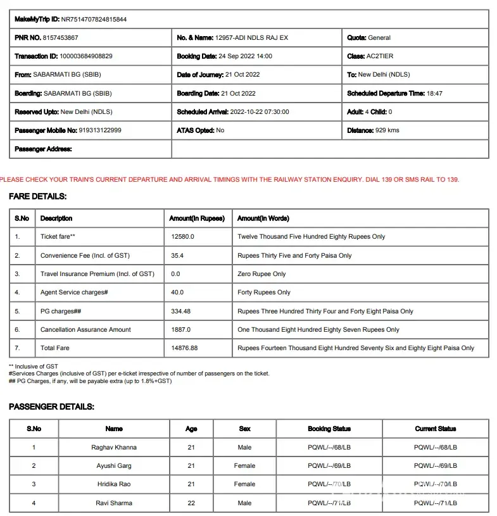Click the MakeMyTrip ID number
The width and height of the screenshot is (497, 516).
(x=94, y=20)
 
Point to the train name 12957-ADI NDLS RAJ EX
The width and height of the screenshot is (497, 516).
(x=251, y=38)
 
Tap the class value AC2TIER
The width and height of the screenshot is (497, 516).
(x=380, y=56)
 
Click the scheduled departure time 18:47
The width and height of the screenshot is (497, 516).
(x=434, y=94)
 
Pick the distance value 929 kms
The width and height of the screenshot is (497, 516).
(x=387, y=130)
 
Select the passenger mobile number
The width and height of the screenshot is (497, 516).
(x=100, y=130)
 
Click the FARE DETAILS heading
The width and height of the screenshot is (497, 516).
(x=37, y=197)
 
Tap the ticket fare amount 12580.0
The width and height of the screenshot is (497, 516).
(x=182, y=237)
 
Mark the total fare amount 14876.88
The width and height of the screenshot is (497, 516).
(x=184, y=348)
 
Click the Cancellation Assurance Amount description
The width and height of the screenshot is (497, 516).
(x=85, y=330)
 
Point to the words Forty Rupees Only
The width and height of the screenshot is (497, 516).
(x=264, y=293)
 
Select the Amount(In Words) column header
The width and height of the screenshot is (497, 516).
(x=263, y=218)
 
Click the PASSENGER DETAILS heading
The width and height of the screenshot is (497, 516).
(x=51, y=407)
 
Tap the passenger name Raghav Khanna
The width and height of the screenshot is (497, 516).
(x=114, y=448)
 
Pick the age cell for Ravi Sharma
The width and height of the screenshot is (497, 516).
(x=191, y=503)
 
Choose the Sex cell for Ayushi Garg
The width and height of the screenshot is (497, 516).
(x=244, y=466)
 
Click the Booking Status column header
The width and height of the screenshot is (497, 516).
(x=329, y=429)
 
